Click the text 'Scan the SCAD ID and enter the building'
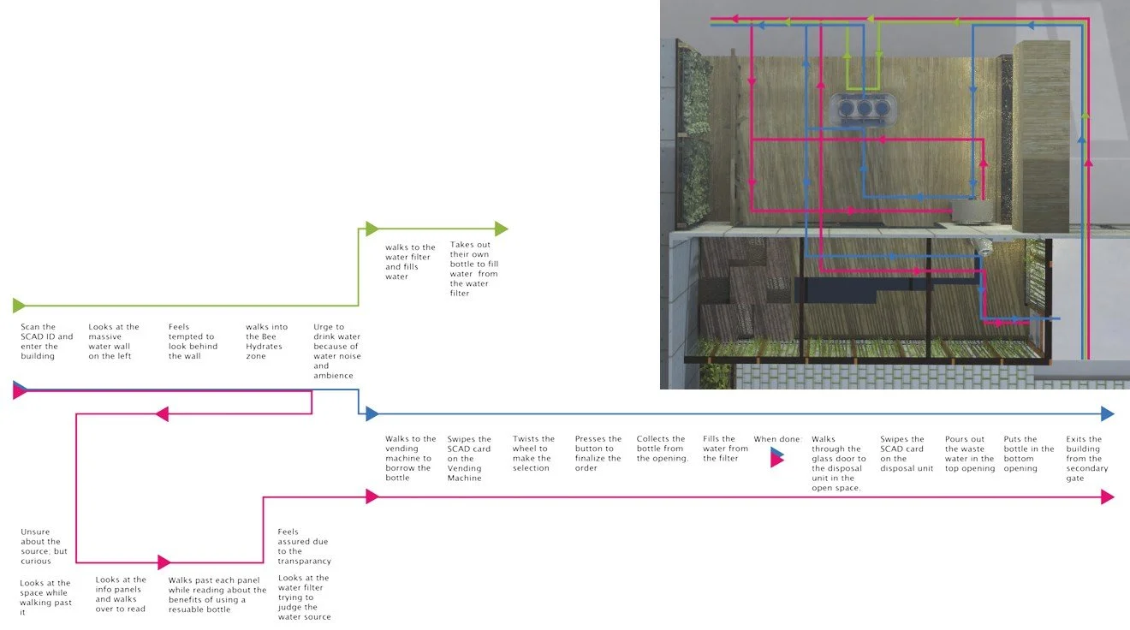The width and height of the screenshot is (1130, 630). click(x=46, y=342)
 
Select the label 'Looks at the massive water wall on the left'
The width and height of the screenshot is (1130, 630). click(x=114, y=342)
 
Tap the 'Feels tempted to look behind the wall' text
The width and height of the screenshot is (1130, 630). click(x=193, y=342)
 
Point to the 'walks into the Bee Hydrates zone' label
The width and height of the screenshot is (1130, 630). click(x=267, y=342)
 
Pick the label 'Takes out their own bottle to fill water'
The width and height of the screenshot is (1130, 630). click(x=474, y=269)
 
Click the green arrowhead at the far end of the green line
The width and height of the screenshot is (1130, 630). click(x=501, y=229)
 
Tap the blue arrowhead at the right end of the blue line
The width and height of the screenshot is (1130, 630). click(x=1107, y=413)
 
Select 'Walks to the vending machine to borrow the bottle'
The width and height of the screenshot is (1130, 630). click(x=410, y=458)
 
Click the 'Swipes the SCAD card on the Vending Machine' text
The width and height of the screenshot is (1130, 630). click(x=469, y=458)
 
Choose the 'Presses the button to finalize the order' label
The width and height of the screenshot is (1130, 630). click(x=598, y=454)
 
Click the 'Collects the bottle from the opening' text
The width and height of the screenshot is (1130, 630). click(x=662, y=449)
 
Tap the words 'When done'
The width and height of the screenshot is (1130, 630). click(x=776, y=439)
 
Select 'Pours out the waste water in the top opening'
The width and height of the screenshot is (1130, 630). click(x=970, y=454)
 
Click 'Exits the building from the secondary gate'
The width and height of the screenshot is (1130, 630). click(x=1087, y=458)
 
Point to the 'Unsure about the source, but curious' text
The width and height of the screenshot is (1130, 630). click(x=42, y=546)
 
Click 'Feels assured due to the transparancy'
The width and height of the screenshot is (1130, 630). click(x=304, y=546)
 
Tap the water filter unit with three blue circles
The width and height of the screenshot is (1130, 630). click(x=861, y=110)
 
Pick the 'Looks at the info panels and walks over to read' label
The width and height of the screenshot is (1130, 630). click(x=121, y=594)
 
